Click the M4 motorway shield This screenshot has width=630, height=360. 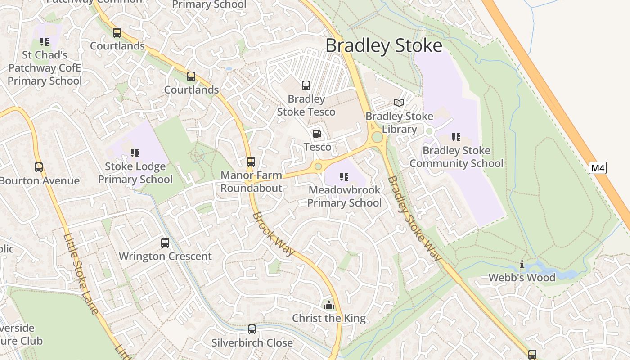coord(598,168)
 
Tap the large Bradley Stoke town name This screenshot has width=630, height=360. coord(384,46)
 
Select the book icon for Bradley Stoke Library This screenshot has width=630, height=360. coord(399,103)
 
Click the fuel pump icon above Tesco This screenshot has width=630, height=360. coord(317,134)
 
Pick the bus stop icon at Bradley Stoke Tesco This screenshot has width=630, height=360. coord(306,85)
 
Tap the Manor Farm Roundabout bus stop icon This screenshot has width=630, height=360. coord(251,162)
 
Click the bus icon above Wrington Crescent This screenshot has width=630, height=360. coord(165,243)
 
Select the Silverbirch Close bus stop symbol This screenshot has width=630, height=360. coord(252,329)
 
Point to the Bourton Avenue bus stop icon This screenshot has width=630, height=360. coord(39,167)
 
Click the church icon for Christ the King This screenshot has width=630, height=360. coord(329,305)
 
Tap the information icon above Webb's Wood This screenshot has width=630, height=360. coord(522,264)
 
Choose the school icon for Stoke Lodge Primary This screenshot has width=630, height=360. coord(135,153)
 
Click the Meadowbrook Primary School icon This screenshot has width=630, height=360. coord(344,177)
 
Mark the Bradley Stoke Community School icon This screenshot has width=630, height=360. coord(456,137)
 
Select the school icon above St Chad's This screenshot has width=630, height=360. coord(45,42)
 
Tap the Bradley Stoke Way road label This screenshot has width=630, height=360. coord(414,219)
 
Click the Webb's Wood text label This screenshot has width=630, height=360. coord(522,277)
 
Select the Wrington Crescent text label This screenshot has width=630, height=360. coord(165,256)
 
